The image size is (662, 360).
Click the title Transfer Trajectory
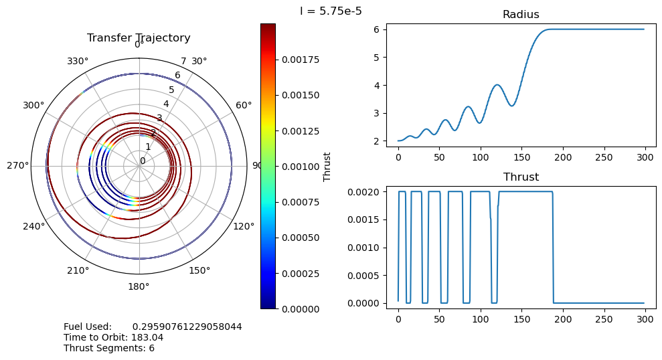(139, 38)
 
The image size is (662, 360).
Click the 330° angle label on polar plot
(78, 62)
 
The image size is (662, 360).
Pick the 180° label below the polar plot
(139, 286)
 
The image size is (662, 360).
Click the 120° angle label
(244, 226)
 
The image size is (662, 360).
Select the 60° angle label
(244, 106)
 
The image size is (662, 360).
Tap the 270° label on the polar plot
(18, 166)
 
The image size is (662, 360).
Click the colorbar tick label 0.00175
(301, 60)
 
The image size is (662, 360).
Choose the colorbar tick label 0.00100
(301, 166)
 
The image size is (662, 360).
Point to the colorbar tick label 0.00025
(301, 273)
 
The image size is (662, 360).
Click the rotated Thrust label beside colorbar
(327, 166)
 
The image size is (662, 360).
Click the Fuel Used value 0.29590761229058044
(187, 327)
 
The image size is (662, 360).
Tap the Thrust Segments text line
(109, 348)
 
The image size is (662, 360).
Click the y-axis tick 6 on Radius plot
(378, 29)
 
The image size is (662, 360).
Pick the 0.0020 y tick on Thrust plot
(365, 192)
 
